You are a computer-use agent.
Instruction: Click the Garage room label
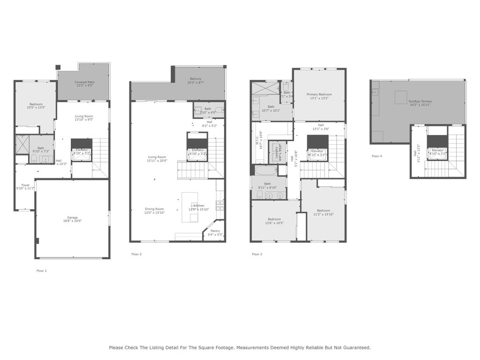72,217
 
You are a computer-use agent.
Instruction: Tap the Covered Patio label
84,82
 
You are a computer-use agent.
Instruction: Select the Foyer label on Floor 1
25,185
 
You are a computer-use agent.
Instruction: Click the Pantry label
215,231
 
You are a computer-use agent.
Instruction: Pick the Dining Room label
154,209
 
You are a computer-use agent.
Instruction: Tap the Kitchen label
199,206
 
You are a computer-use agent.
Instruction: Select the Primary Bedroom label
319,95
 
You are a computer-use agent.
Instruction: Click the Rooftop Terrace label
420,101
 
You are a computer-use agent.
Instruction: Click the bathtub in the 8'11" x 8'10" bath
267,170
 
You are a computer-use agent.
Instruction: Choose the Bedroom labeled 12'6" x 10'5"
274,219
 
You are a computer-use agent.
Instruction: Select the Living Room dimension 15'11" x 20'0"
157,161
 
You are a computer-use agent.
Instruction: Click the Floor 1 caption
42,270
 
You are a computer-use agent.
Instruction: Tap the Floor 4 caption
377,156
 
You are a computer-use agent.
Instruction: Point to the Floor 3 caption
257,254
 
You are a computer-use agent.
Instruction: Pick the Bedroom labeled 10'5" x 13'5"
36,104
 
